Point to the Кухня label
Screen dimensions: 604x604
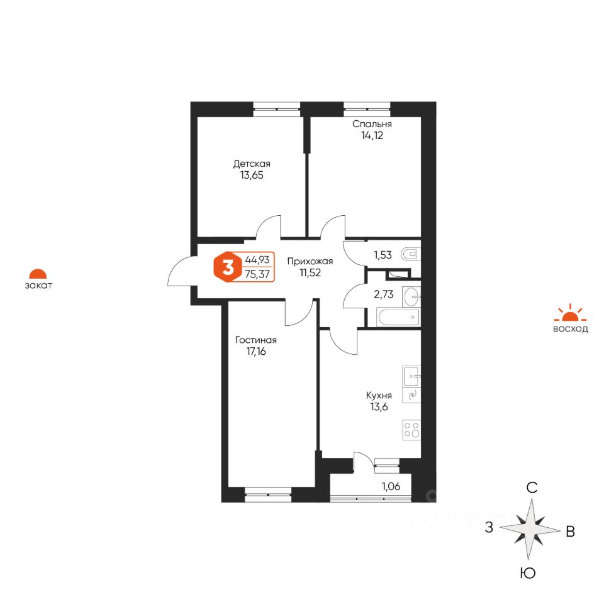pyautogui.click(x=379, y=395)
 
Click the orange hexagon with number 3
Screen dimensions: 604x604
pyautogui.click(x=226, y=267)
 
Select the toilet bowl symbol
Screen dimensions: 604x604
pyautogui.click(x=411, y=255)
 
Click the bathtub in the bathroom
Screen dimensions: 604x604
pyautogui.click(x=397, y=318)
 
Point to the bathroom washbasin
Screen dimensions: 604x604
pyautogui.click(x=411, y=294)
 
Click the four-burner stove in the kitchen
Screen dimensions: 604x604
pyautogui.click(x=411, y=430)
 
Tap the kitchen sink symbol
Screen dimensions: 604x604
pyautogui.click(x=411, y=376)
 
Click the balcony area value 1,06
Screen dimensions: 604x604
pyautogui.click(x=391, y=486)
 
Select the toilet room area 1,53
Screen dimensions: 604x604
pyautogui.click(x=383, y=255)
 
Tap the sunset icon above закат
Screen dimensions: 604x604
pyautogui.click(x=38, y=274)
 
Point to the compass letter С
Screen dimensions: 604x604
pyautogui.click(x=532, y=488)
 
